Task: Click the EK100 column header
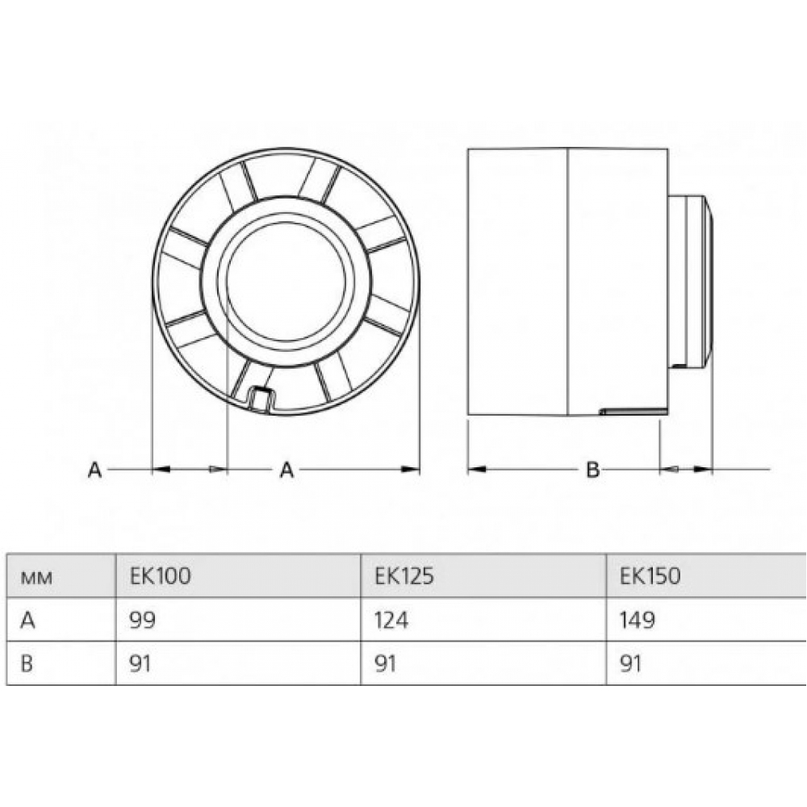click(160, 575)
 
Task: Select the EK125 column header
click(404, 575)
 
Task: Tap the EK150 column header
click(650, 575)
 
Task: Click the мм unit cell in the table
click(36, 578)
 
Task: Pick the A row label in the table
click(27, 620)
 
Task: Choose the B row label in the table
click(27, 663)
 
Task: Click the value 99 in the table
click(143, 620)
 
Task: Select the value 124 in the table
click(391, 620)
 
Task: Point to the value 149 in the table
click(638, 620)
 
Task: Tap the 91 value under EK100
click(140, 663)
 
